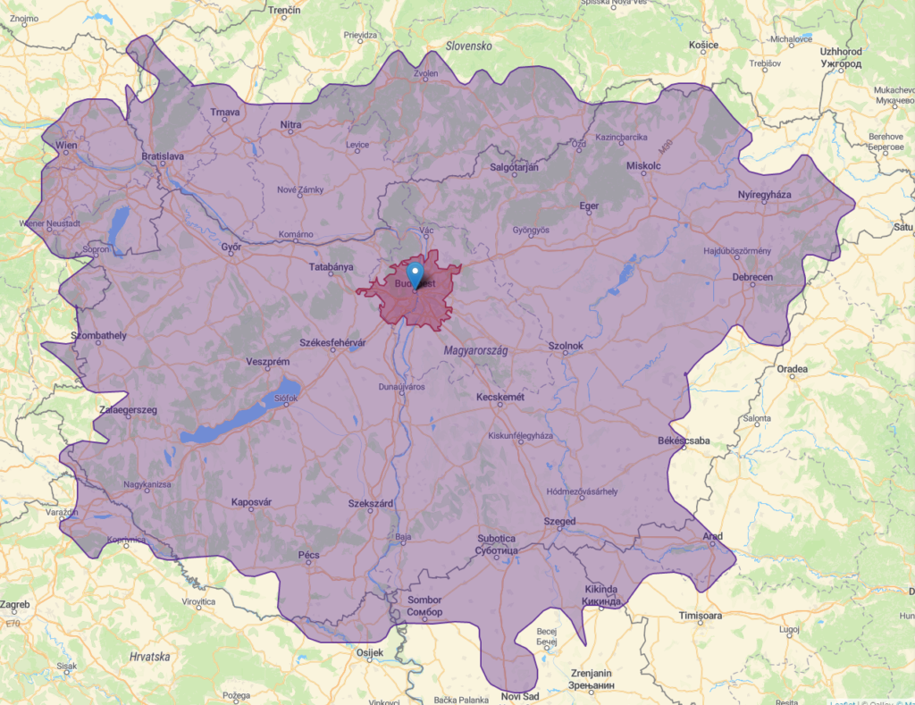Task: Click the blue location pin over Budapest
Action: coord(416,273)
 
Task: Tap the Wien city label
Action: coord(65,145)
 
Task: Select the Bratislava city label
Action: coord(162,156)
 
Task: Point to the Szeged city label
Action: coord(559,522)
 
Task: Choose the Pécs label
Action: coord(308,555)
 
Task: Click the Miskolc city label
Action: coord(642,166)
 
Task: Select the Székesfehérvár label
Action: coord(332,343)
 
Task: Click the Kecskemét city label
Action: coord(499,396)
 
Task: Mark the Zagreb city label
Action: coord(14,605)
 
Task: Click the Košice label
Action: coord(703,46)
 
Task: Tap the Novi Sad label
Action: coord(521,696)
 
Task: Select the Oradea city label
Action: coord(792,368)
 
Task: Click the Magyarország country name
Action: coord(475,351)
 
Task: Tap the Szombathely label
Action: coord(98,335)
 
